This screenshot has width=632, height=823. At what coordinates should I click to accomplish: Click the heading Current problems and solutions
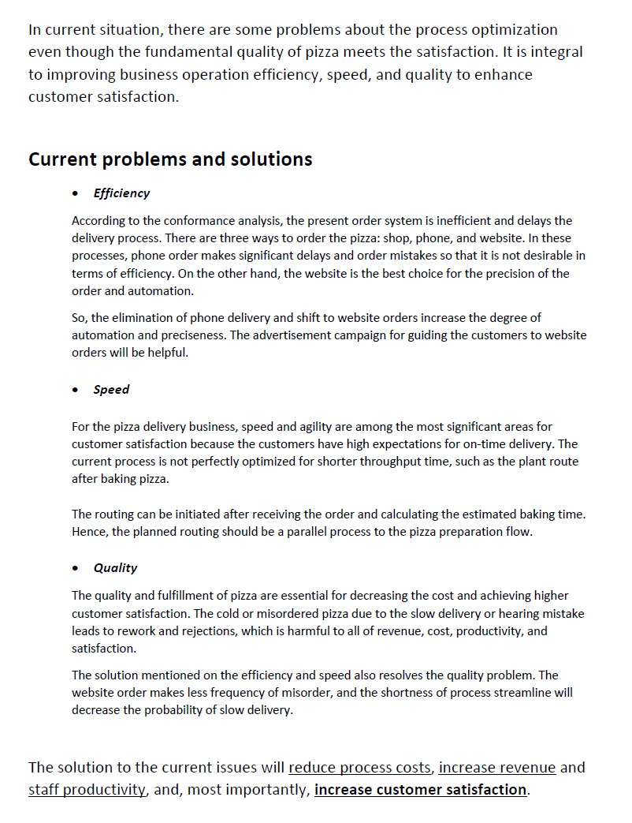pyautogui.click(x=170, y=159)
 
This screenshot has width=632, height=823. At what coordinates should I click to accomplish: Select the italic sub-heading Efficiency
pyautogui.click(x=121, y=193)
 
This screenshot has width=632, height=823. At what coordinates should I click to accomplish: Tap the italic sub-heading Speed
pyautogui.click(x=111, y=390)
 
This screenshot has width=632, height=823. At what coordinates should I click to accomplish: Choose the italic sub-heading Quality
pyautogui.click(x=115, y=568)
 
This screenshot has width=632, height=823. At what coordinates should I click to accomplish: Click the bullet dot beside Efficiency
pyautogui.click(x=75, y=194)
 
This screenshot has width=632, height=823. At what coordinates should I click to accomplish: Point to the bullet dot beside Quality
pyautogui.click(x=75, y=569)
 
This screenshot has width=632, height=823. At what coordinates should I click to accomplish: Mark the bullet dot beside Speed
pyautogui.click(x=75, y=391)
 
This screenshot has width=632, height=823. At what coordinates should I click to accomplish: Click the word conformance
pyautogui.click(x=175, y=221)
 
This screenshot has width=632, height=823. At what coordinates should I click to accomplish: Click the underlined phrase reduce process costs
pyautogui.click(x=360, y=768)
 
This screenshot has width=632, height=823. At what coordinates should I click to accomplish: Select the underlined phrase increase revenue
pyautogui.click(x=497, y=768)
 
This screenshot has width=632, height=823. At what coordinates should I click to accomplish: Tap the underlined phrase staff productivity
pyautogui.click(x=87, y=790)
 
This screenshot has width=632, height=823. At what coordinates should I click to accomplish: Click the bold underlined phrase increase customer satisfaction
pyautogui.click(x=420, y=790)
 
